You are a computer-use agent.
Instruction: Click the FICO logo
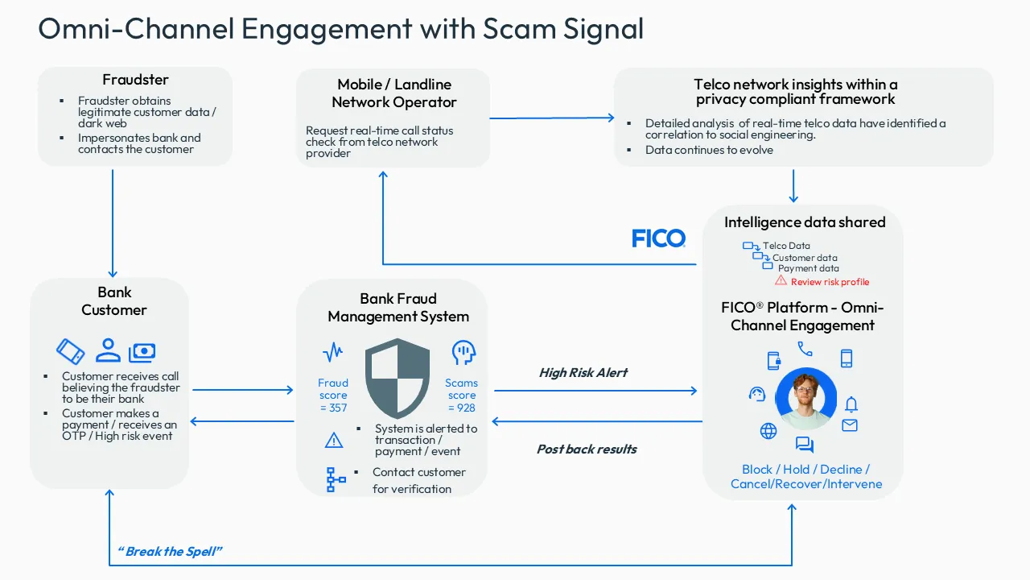point(658,238)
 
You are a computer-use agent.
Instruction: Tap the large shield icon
point(398,378)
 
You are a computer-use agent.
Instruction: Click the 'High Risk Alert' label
point(583,373)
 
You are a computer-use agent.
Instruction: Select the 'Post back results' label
point(587,449)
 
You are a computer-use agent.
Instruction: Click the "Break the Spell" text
point(170,552)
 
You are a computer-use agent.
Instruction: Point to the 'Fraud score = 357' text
point(333,396)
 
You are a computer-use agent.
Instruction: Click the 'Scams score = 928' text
point(462,396)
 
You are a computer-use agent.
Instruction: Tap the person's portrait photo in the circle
point(805,399)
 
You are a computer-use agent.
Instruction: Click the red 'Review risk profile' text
point(830,282)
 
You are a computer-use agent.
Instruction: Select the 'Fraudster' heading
point(135,80)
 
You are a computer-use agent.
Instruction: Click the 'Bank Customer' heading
point(113,301)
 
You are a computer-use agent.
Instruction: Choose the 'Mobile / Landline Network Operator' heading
point(394,93)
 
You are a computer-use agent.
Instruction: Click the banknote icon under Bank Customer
point(142,352)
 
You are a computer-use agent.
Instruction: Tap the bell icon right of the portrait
point(851,404)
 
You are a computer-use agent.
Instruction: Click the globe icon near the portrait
point(768,431)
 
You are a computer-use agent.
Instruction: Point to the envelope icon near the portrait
point(850,425)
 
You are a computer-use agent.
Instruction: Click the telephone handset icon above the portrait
point(805,349)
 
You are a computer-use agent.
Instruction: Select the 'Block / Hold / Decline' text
point(805,470)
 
